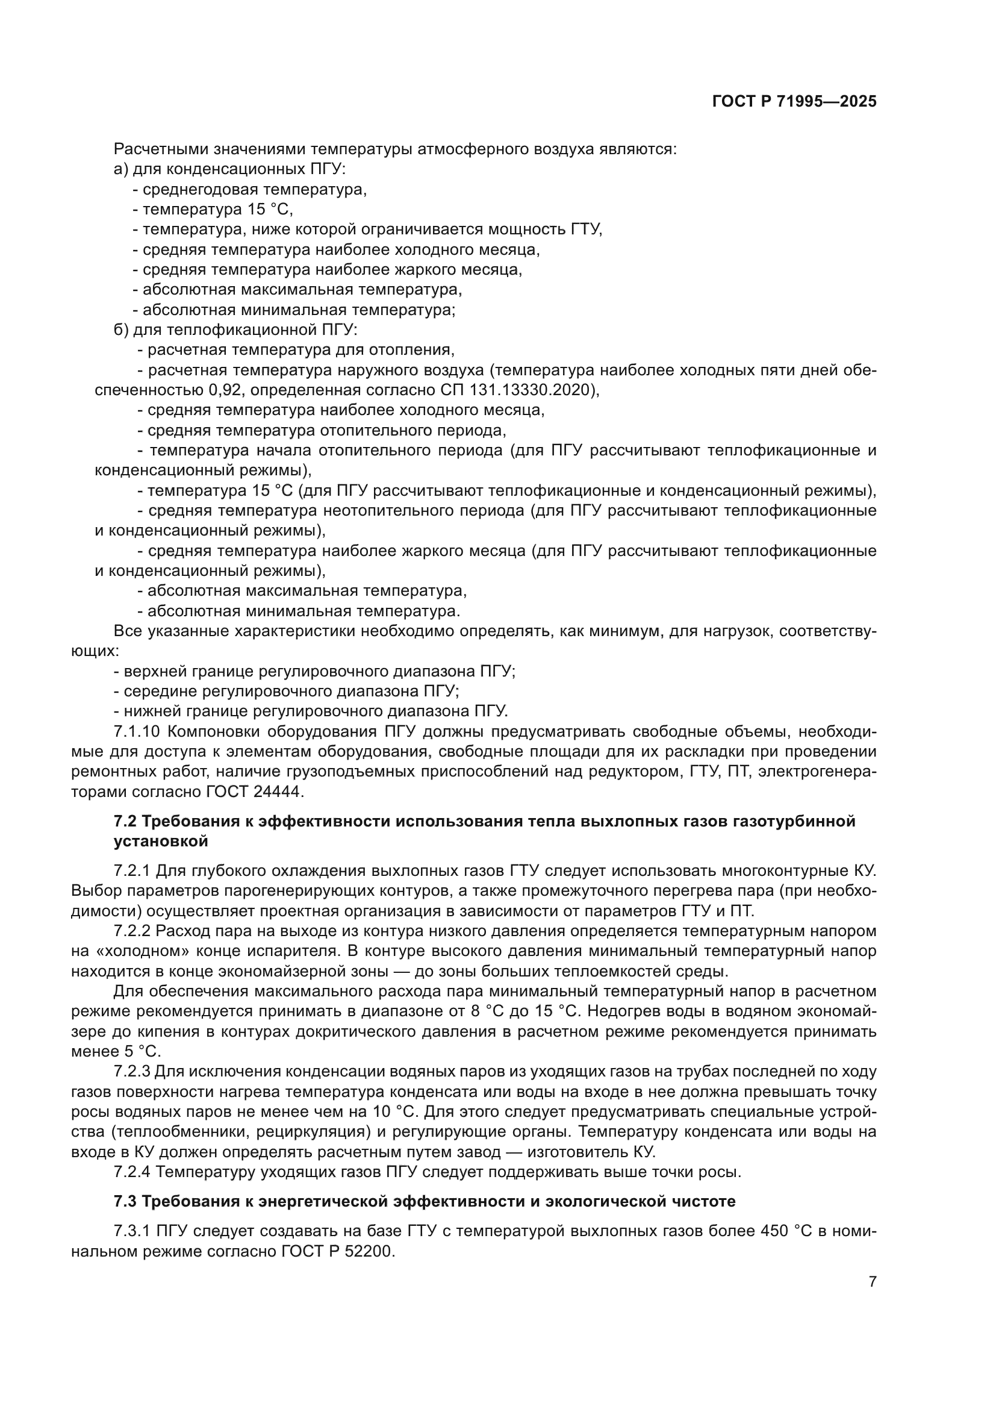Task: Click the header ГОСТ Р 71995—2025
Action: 794,102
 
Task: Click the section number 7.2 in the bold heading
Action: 125,821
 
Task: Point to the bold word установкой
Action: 161,842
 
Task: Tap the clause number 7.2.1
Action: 132,870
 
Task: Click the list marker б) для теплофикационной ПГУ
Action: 121,330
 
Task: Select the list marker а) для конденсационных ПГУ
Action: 121,169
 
